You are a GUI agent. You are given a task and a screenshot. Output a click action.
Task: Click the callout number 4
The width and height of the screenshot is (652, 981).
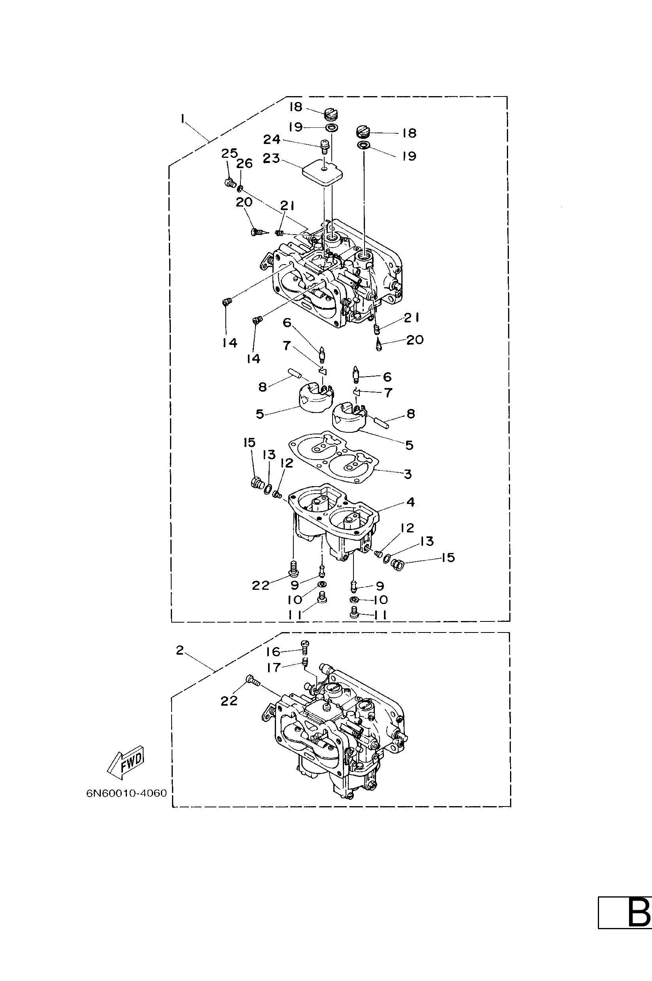tap(410, 502)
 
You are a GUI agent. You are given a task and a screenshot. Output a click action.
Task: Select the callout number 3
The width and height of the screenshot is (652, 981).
tap(408, 473)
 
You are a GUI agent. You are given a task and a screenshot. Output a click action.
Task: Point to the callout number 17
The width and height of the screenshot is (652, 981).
tap(274, 667)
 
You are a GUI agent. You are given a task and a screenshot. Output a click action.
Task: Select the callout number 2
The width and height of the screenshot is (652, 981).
tap(180, 650)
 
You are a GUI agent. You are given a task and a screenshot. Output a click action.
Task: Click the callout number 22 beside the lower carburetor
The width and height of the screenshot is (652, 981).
tap(229, 701)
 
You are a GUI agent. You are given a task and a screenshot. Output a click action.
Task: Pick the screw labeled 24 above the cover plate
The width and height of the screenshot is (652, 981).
tap(324, 145)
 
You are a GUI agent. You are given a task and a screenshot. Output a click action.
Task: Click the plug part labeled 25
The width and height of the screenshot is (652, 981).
tap(229, 182)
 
